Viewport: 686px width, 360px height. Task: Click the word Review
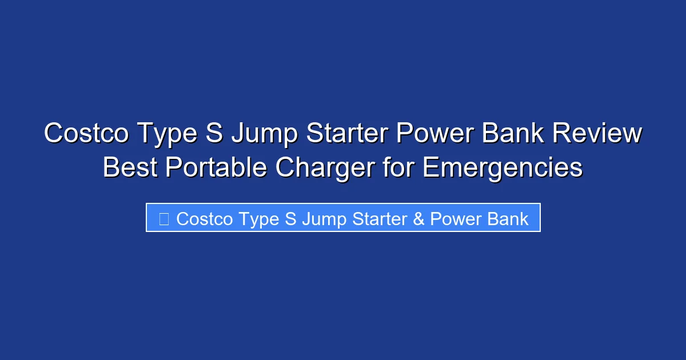[x=599, y=134]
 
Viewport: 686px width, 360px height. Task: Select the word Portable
[x=216, y=167]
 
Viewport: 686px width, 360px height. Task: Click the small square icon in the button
[x=164, y=219]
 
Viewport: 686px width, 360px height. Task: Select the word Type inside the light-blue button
[x=260, y=219]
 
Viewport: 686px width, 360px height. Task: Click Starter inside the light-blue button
[x=379, y=219]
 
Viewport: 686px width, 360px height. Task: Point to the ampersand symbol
[x=419, y=219]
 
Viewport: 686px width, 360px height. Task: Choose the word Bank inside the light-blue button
[x=508, y=219]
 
